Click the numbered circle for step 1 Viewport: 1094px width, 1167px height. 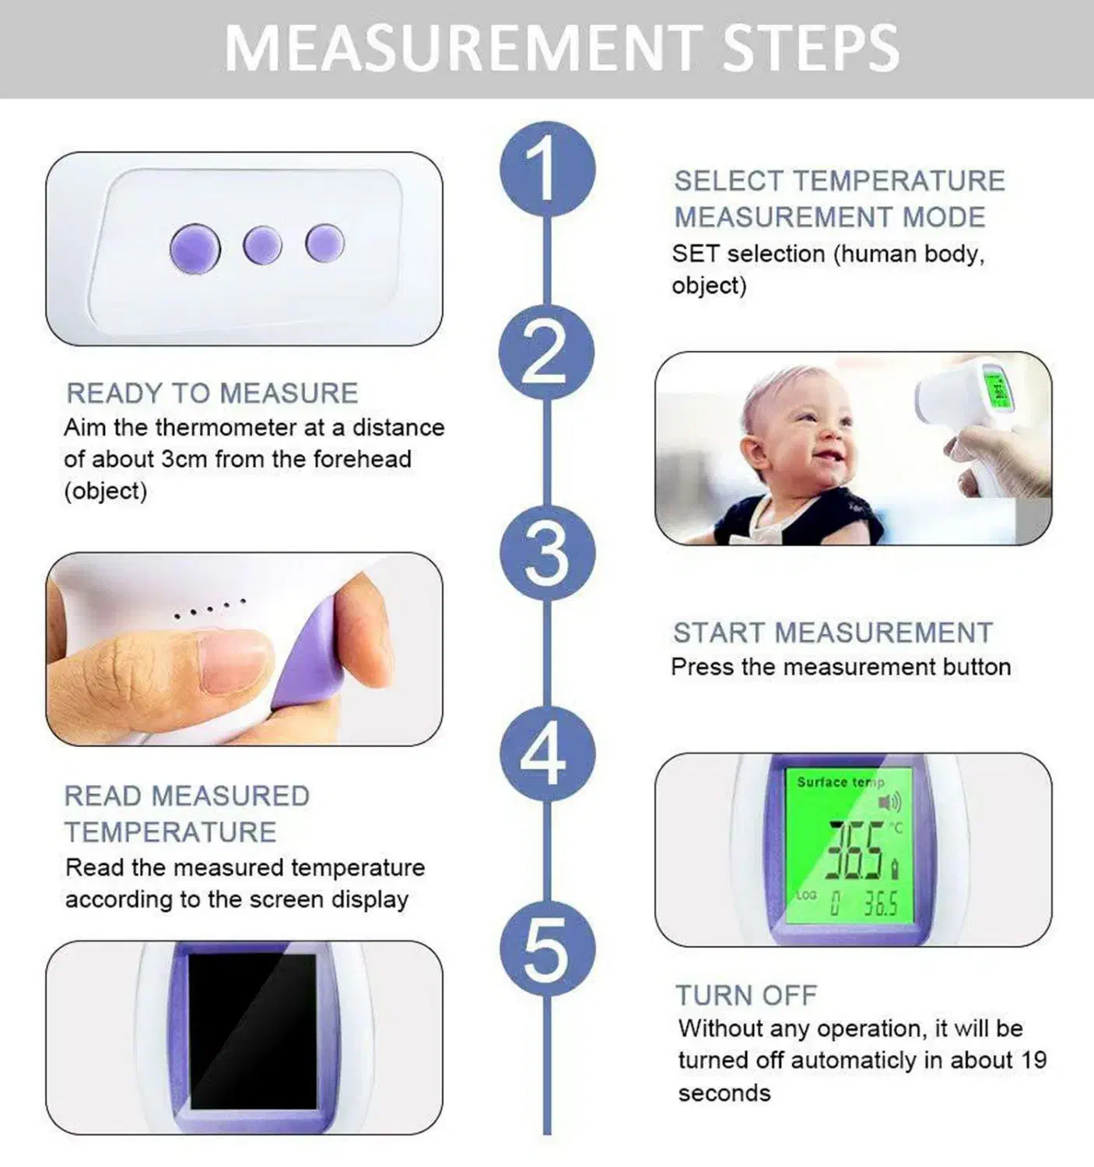(547, 170)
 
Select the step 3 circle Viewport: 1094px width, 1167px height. (547, 554)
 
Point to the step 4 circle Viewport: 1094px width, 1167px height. (547, 754)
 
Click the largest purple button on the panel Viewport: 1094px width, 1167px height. (195, 248)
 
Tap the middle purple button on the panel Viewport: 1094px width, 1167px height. (263, 245)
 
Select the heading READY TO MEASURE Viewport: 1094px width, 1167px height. (212, 393)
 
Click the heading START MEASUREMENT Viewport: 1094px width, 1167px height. (833, 633)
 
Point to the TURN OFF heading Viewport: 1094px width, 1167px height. (746, 995)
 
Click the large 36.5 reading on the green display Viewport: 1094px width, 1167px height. (855, 850)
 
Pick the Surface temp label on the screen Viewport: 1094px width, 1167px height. (840, 782)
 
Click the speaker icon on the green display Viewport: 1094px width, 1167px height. (889, 803)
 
